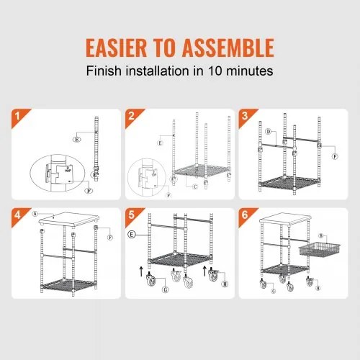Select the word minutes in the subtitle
tap(251, 71)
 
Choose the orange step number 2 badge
tap(131, 116)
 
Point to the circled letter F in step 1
tap(89, 191)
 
